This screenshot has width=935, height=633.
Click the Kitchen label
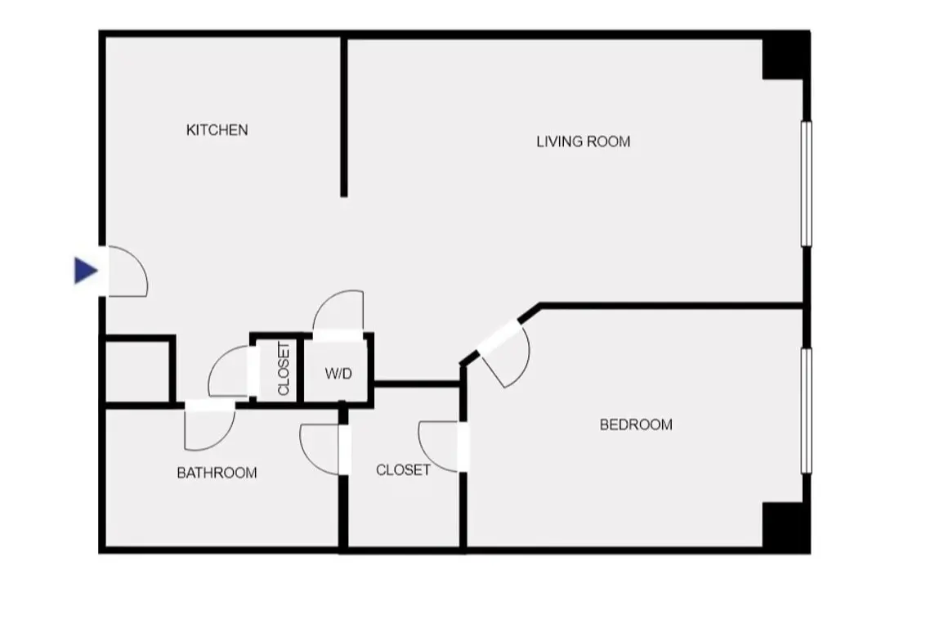point(217,130)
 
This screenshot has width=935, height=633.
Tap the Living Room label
point(584,142)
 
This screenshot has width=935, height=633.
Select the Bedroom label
point(636,424)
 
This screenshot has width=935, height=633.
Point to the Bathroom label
point(217,473)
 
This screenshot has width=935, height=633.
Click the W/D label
point(338,374)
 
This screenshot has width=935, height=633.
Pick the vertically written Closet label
point(284,369)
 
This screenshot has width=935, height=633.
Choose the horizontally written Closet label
point(403,470)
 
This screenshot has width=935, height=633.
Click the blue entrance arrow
point(86,270)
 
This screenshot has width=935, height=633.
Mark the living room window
point(806,184)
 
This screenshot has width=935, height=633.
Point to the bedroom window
point(806,411)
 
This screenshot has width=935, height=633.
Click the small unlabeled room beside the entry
point(137,371)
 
